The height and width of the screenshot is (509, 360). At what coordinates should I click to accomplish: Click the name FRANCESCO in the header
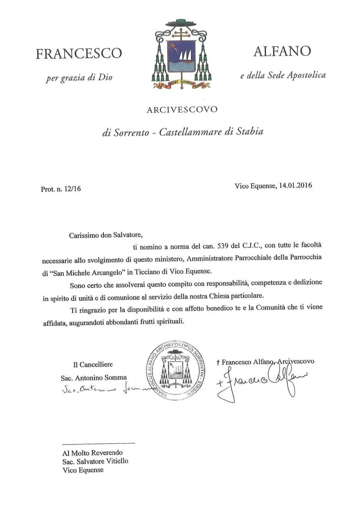pyautogui.click(x=79, y=54)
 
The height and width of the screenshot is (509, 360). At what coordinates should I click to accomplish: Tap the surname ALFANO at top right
pyautogui.click(x=282, y=51)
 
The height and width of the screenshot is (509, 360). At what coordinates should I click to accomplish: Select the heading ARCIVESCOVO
pyautogui.click(x=182, y=109)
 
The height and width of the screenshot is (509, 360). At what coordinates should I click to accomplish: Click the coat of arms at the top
pyautogui.click(x=181, y=54)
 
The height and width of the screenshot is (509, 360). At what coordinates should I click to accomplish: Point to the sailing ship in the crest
pyautogui.click(x=182, y=57)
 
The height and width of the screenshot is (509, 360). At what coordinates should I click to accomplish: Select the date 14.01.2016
pyautogui.click(x=292, y=185)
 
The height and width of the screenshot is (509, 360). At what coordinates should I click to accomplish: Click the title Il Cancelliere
pyautogui.click(x=93, y=364)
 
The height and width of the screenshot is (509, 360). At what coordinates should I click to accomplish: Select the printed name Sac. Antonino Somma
pyautogui.click(x=94, y=377)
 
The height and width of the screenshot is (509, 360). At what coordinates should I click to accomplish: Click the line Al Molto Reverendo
pyautogui.click(x=92, y=453)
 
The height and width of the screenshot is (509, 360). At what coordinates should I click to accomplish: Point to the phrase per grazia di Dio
pyautogui.click(x=79, y=77)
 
